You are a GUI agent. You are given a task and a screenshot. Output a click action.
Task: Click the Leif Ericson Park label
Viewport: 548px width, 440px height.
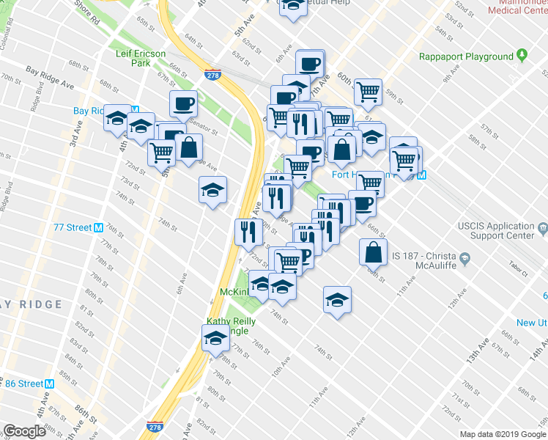pos(141,59)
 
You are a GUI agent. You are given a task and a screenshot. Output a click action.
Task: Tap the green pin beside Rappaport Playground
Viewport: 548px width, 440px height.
pos(522,56)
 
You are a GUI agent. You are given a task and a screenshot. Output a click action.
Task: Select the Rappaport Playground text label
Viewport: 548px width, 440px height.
pos(466,56)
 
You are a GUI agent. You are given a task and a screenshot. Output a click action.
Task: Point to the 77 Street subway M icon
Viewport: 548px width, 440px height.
pos(98,227)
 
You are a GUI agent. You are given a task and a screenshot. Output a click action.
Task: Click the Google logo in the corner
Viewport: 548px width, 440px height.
pos(24,431)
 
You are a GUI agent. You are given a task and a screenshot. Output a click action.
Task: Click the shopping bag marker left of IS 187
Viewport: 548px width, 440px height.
pos(373,252)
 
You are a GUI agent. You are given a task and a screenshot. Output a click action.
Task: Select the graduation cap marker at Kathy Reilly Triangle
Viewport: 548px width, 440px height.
pos(215,338)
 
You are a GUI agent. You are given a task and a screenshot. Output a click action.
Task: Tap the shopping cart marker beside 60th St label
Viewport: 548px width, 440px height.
pos(368,92)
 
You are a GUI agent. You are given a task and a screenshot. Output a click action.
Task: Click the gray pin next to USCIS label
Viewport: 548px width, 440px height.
pos(542,230)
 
